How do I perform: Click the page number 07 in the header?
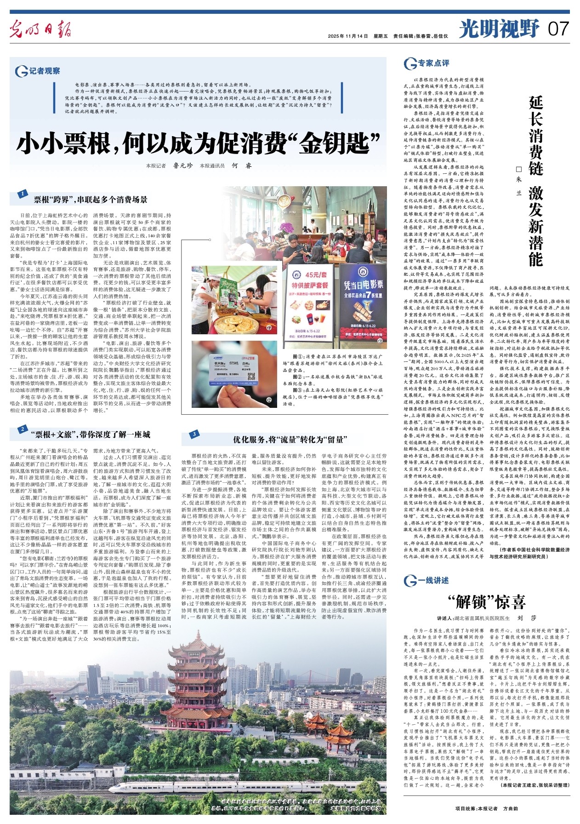tap(558, 29)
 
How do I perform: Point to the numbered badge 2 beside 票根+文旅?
tap(22, 429)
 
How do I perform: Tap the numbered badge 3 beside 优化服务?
tap(194, 434)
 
